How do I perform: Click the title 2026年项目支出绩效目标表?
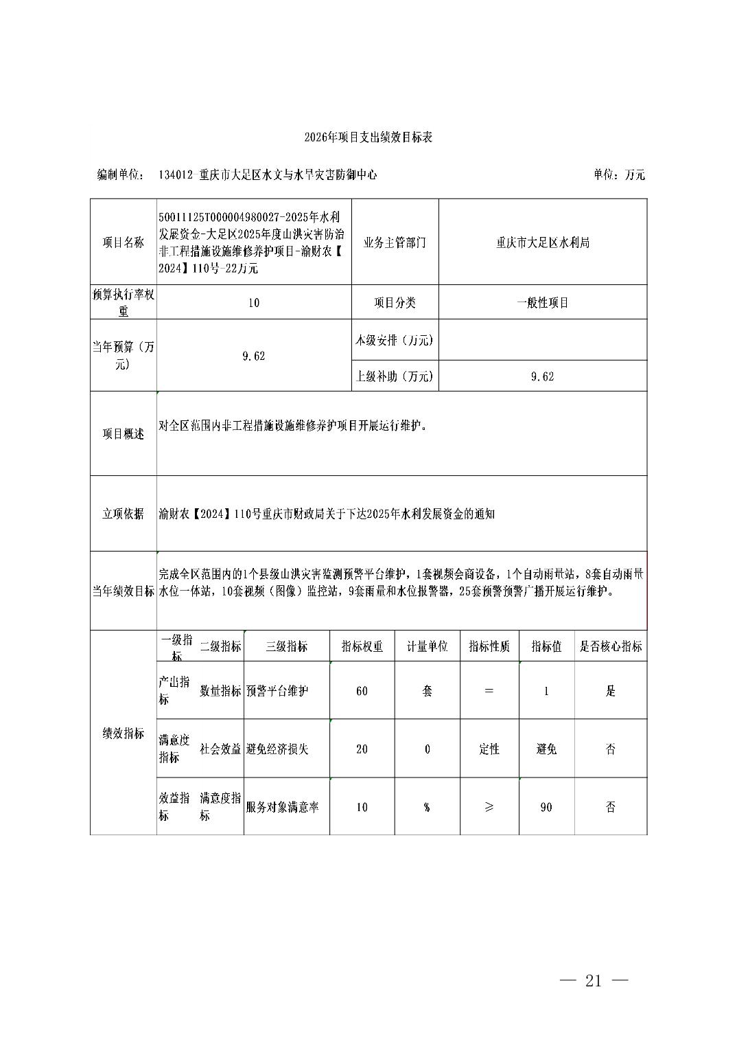pyautogui.click(x=368, y=137)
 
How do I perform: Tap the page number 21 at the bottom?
pyautogui.click(x=594, y=981)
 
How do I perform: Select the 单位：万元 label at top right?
pyautogui.click(x=619, y=174)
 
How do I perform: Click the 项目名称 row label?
pyautogui.click(x=124, y=242)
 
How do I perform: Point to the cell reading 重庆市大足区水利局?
pyautogui.click(x=542, y=242)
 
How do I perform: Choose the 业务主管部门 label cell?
pyautogui.click(x=395, y=242)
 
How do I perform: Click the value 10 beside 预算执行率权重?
pyautogui.click(x=254, y=302)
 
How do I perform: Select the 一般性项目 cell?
pyautogui.click(x=542, y=302)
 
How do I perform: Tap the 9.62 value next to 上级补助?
pyautogui.click(x=542, y=376)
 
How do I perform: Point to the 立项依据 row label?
pyautogui.click(x=124, y=514)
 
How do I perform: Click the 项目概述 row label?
pyautogui.click(x=124, y=434)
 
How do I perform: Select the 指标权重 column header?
pyautogui.click(x=362, y=646)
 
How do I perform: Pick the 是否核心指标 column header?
pyautogui.click(x=611, y=646)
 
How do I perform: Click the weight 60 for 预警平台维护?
pyautogui.click(x=362, y=691)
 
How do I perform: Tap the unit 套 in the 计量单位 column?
pyautogui.click(x=427, y=691)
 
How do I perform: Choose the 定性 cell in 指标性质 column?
pyautogui.click(x=489, y=749)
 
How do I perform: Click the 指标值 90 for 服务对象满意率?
pyautogui.click(x=546, y=807)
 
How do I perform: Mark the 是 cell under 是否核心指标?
pyautogui.click(x=611, y=691)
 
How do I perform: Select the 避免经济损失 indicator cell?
pyautogui.click(x=277, y=749)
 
